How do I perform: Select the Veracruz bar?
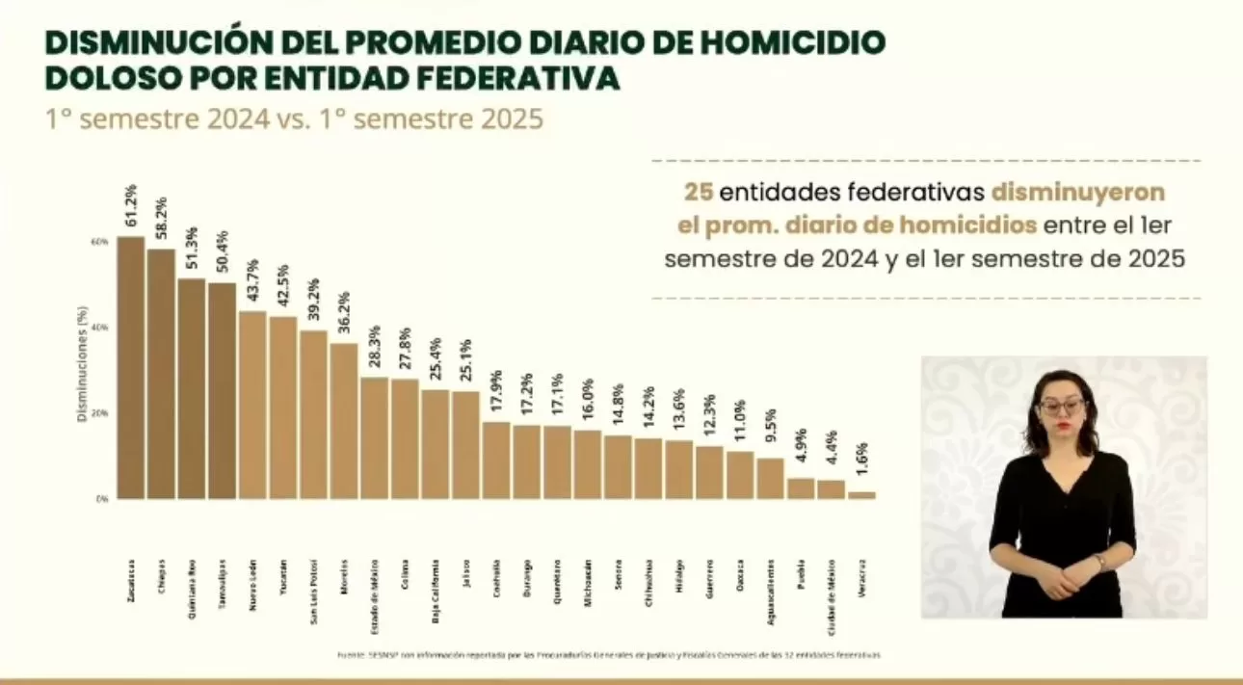coord(862,495)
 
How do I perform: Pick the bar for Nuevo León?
coord(252,405)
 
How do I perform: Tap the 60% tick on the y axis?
coord(100,242)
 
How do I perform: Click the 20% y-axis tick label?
coord(100,413)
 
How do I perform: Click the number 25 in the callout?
coord(699,192)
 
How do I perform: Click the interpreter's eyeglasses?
coord(1062,407)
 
